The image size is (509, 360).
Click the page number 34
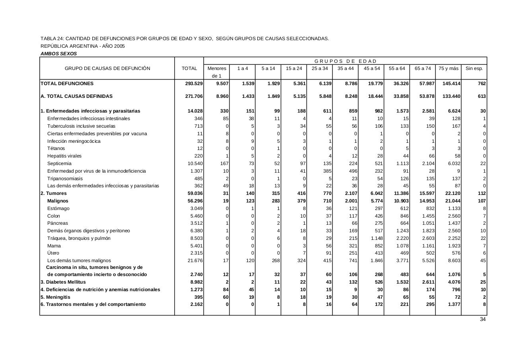(483, 319)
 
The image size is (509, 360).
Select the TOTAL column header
(189, 68)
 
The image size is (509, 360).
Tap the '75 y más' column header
(448, 68)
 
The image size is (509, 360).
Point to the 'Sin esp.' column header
(474, 68)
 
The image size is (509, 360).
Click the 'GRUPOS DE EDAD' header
(345, 61)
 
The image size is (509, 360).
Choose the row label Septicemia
(59, 163)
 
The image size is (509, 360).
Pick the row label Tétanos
(56, 148)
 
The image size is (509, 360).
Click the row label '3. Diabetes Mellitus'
(63, 282)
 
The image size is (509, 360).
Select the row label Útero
(53, 253)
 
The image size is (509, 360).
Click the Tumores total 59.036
(195, 193)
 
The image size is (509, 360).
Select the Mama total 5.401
(196, 246)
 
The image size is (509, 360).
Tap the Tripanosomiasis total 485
(198, 179)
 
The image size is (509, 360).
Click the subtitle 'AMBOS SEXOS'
(59, 54)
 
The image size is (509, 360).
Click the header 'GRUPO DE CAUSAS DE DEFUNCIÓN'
(107, 68)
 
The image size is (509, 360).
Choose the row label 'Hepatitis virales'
(64, 156)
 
